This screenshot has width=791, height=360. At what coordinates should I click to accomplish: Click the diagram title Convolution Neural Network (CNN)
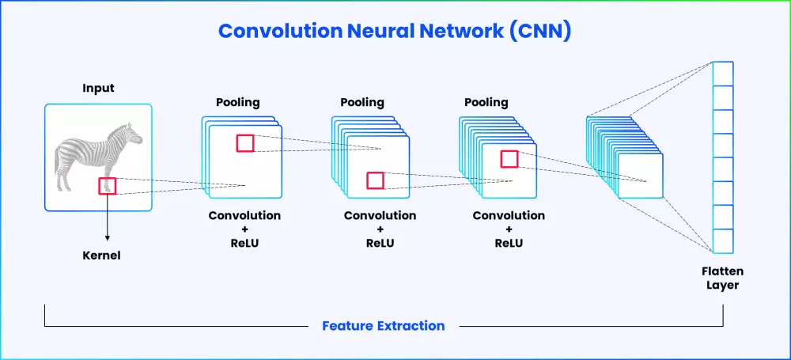395,31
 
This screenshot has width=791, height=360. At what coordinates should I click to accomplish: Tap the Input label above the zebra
98,89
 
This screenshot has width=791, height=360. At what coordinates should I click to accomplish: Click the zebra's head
134,134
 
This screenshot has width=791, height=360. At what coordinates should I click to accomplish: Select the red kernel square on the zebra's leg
108,186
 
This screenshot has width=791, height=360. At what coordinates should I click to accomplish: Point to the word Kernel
101,256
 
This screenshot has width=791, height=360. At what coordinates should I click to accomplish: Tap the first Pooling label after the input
238,103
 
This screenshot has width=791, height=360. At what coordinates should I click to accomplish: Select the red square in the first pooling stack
245,143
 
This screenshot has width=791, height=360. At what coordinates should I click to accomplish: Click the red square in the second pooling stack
375,180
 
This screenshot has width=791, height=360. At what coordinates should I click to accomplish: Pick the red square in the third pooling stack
509,159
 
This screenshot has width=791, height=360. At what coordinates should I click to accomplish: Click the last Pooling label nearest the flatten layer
486,103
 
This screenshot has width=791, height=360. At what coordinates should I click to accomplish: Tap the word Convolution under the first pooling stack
244,215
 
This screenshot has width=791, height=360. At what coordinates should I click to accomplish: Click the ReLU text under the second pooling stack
380,243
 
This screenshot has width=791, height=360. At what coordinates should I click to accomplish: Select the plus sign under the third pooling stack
509,229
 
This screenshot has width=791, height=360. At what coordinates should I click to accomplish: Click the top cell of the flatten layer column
722,74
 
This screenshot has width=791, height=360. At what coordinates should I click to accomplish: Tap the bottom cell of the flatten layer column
722,241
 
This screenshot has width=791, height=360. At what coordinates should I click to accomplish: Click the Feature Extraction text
384,326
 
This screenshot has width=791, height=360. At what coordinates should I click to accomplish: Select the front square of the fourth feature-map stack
641,176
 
